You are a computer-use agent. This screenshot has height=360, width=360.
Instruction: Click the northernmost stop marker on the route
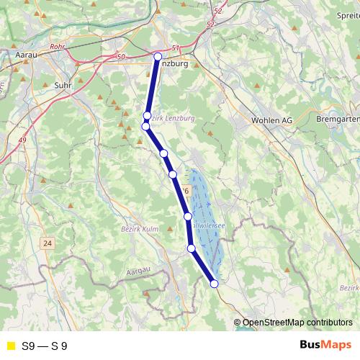click(158, 57)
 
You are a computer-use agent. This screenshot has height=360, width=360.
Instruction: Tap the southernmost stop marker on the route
click(214, 284)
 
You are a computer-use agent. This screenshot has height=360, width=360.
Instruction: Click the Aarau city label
click(26, 54)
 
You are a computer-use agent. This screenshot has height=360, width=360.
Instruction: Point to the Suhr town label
click(63, 85)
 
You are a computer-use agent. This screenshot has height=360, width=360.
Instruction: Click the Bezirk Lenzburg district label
click(171, 117)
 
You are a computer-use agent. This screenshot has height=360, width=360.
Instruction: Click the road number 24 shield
click(48, 243)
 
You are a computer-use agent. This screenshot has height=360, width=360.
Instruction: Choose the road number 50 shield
click(120, 56)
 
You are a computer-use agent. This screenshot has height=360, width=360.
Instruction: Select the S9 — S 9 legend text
click(45, 346)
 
